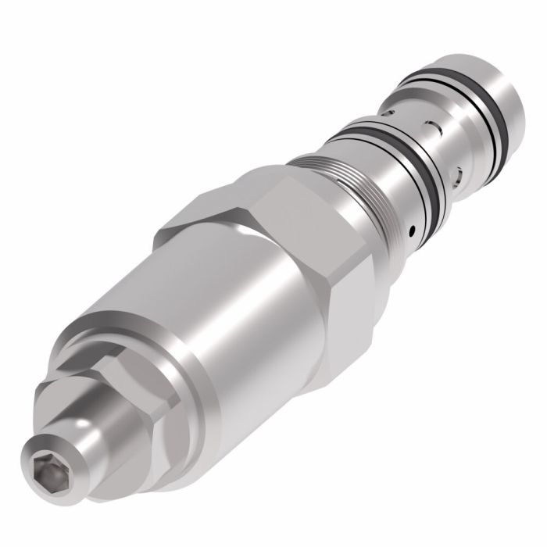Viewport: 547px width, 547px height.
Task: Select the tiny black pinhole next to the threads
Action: tap(412, 231)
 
